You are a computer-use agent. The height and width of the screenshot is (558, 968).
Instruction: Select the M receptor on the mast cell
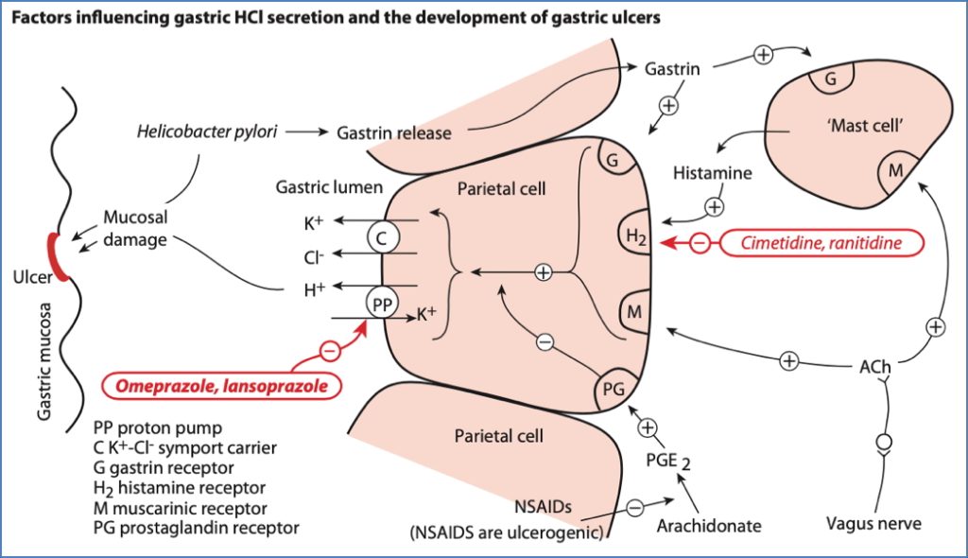[893, 171]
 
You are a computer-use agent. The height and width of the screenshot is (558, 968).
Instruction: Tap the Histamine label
[713, 173]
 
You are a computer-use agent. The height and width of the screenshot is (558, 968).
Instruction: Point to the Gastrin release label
[393, 132]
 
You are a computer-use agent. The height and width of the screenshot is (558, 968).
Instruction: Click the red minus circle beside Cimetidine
[699, 244]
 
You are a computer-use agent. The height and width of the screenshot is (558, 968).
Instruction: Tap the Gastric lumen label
[329, 187]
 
